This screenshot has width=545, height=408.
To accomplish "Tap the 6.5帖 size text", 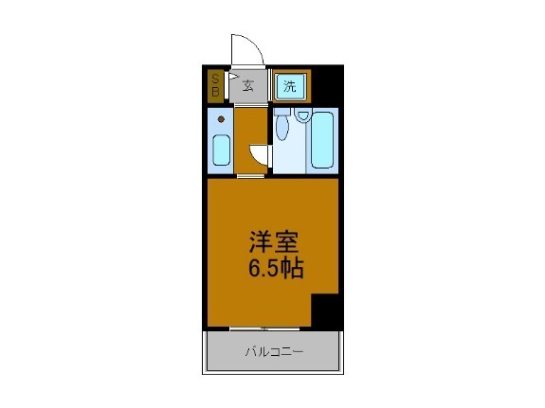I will [x=276, y=270].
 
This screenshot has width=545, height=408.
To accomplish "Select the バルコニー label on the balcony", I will [x=274, y=353].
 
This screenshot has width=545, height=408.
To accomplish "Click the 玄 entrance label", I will [x=248, y=86].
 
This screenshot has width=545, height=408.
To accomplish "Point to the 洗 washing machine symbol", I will [x=290, y=86].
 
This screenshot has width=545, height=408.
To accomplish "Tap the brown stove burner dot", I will [x=221, y=119].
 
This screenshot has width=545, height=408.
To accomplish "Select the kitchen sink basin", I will [x=221, y=151].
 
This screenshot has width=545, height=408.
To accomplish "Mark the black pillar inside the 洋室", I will [x=325, y=309].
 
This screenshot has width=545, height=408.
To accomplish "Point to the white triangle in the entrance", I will [x=231, y=83].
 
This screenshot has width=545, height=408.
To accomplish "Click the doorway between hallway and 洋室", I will [x=251, y=176].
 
